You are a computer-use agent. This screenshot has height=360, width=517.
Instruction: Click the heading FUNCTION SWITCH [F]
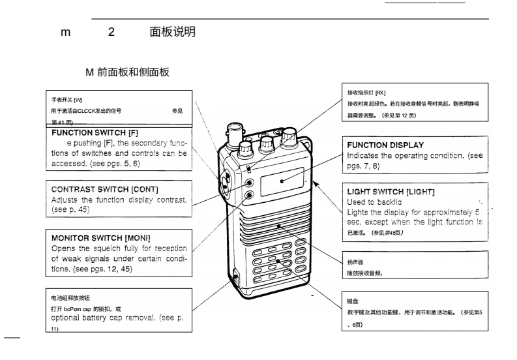point(95,132)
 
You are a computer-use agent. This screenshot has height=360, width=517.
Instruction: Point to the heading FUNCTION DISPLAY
point(385,145)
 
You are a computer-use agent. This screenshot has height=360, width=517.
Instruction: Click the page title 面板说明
point(172,32)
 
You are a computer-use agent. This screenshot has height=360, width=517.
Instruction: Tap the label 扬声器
point(356,262)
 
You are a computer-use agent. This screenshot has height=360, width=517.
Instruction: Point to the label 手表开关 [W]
point(67,100)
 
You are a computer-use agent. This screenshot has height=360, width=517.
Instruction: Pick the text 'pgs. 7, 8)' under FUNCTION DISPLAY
point(364,166)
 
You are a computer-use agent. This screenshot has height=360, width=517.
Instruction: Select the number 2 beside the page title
point(111,32)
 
